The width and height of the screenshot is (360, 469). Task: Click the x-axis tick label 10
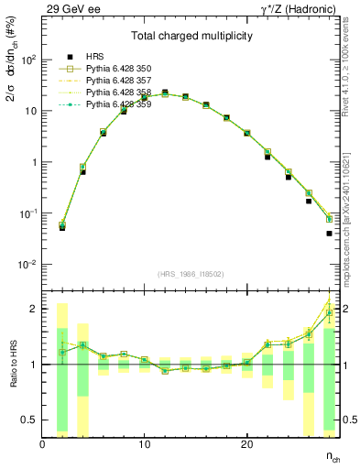[144, 444]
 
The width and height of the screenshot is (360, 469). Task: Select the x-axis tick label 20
[246, 444]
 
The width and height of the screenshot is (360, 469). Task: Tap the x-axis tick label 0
[42, 444]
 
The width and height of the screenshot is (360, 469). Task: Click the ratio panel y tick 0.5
[30, 420]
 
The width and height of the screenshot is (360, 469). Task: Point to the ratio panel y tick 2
[33, 309]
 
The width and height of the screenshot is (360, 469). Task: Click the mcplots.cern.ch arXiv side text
[352, 211]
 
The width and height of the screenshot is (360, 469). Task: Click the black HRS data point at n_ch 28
[329, 234]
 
